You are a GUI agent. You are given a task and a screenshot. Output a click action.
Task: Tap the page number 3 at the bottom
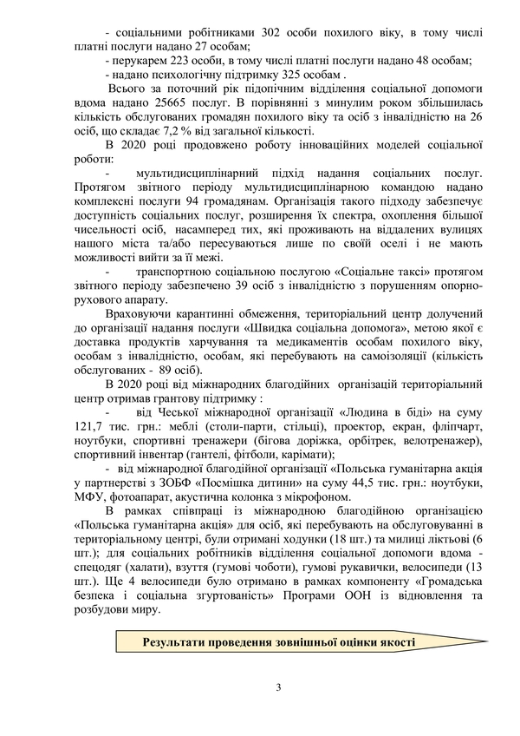[x=278, y=688]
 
